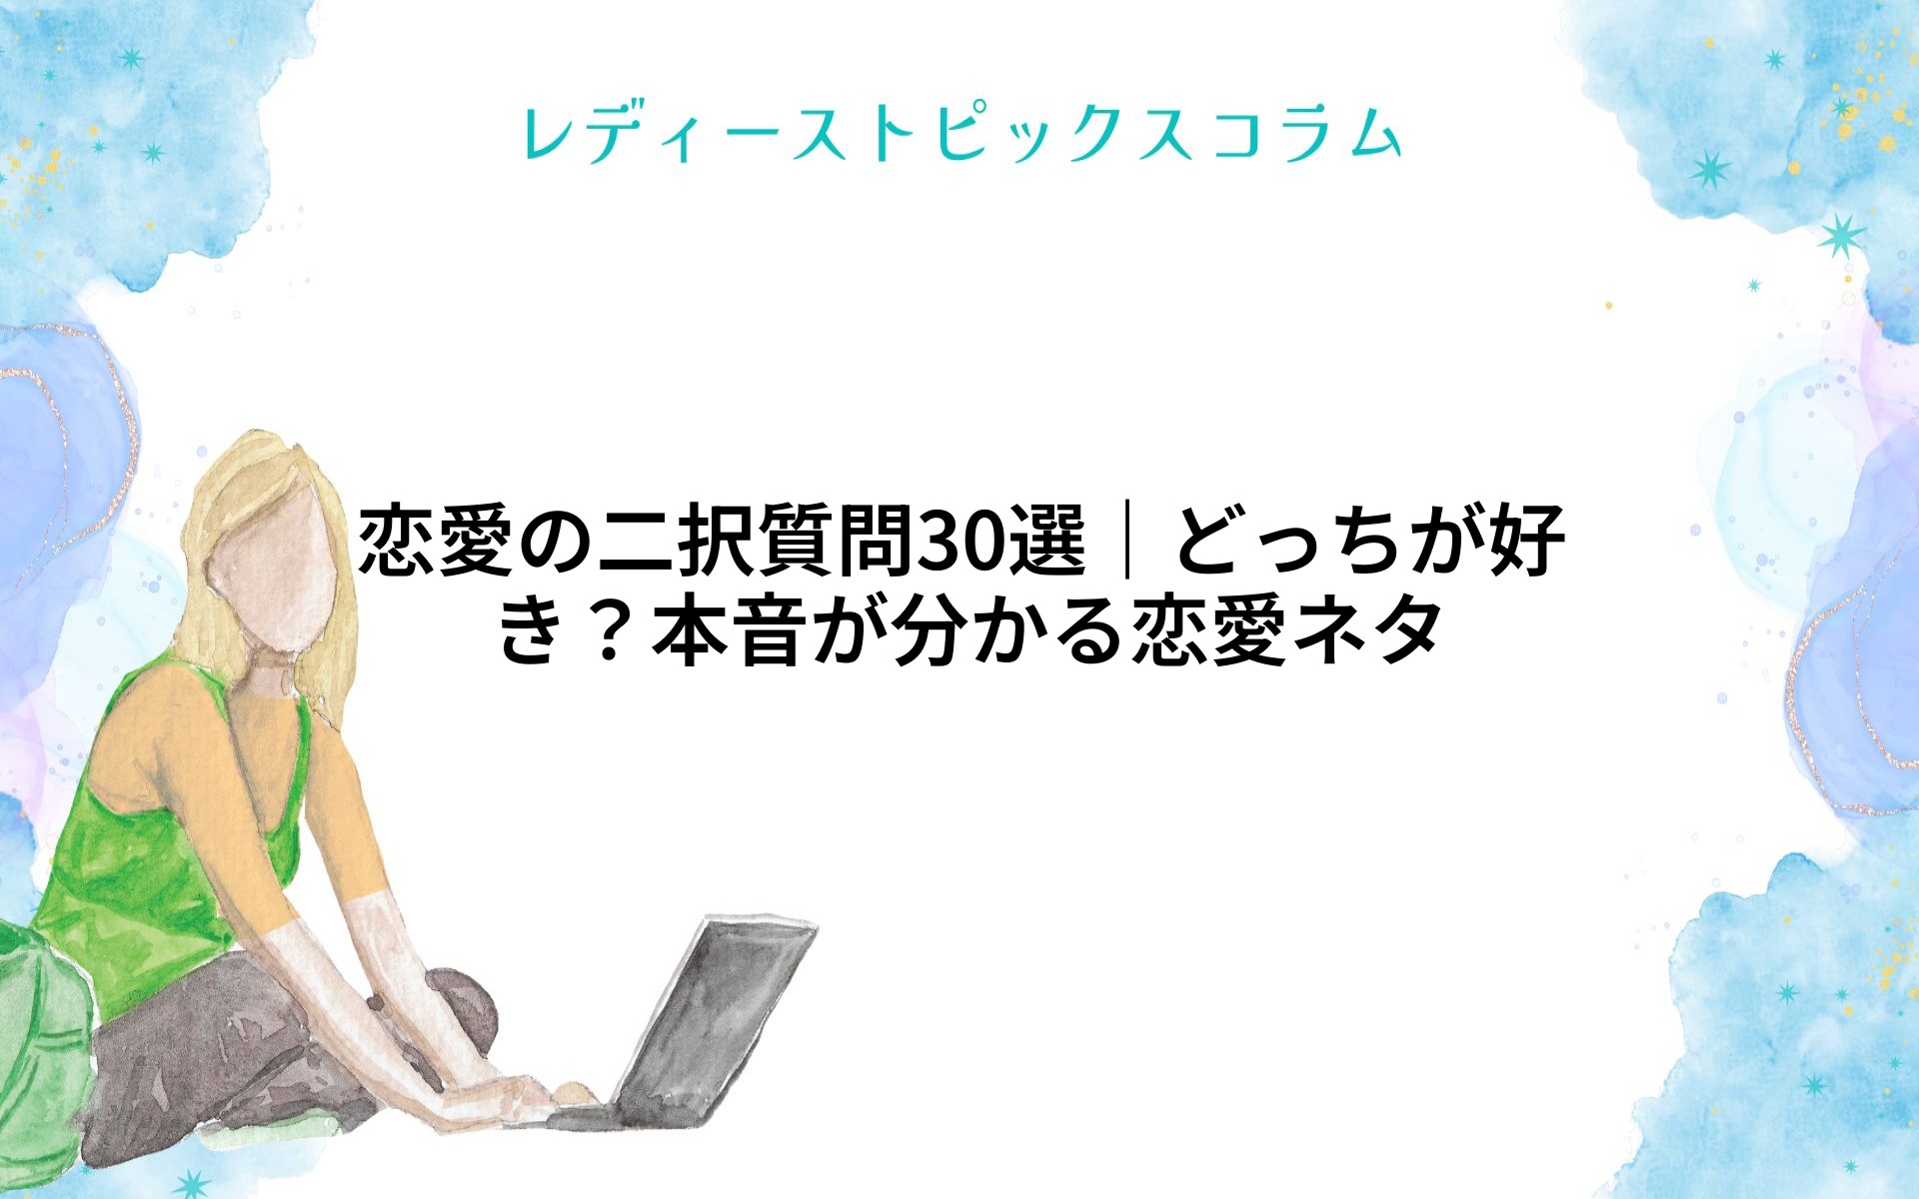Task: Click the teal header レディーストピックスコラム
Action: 961,134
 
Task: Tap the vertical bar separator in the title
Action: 1128,543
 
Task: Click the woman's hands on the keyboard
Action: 520,1094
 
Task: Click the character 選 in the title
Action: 1048,543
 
